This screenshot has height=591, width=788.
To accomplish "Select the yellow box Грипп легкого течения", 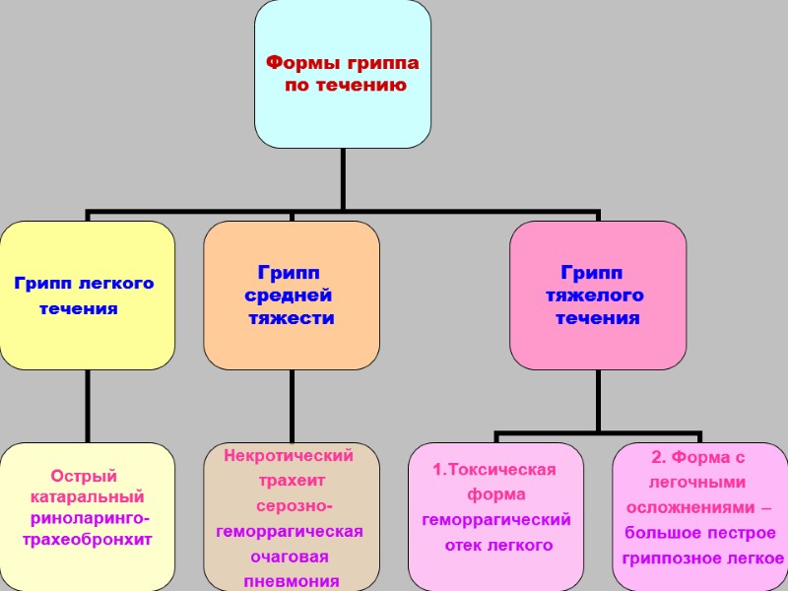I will coord(87,295).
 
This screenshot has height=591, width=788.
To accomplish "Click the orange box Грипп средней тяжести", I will coord(292,295).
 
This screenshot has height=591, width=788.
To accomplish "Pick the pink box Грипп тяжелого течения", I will coord(598,295).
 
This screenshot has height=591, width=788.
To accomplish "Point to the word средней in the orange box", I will coord(289,295).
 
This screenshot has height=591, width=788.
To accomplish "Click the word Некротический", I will coord(288,456).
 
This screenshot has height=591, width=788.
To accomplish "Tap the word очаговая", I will coord(290,557).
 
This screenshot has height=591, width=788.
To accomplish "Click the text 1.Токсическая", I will coord(494,470).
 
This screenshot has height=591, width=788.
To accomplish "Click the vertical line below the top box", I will coord(343,178).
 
